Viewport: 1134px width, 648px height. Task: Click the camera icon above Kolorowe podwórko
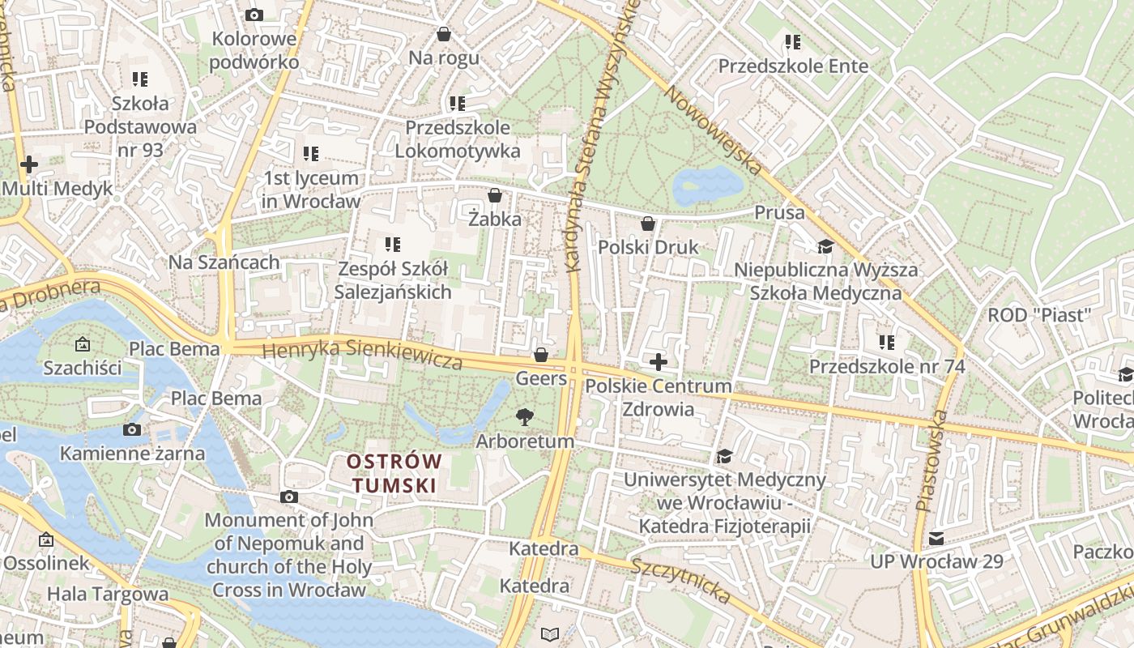[x=254, y=15]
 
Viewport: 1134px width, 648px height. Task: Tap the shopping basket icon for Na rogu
[x=443, y=34]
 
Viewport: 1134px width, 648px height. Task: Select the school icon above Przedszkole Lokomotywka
[x=458, y=104]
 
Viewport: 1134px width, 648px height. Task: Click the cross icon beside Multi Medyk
[x=29, y=164]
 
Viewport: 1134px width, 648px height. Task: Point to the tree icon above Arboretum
[x=525, y=417]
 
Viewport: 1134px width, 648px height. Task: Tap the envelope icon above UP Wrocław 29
[x=936, y=538]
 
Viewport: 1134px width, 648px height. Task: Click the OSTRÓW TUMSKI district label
[x=394, y=473]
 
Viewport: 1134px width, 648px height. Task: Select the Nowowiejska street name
[x=713, y=130]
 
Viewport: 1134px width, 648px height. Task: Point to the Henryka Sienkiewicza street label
[x=363, y=355]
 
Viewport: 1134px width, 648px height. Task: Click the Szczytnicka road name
[x=680, y=580]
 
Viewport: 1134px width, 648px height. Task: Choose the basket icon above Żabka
[x=495, y=195]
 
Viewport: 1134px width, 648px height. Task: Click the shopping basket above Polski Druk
[x=648, y=224]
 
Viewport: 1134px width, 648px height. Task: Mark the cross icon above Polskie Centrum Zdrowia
[x=659, y=361]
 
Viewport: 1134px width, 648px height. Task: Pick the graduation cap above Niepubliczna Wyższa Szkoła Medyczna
[x=825, y=246]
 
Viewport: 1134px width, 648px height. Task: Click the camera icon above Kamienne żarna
[x=132, y=429]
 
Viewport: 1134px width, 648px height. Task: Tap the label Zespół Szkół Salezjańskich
[x=393, y=280]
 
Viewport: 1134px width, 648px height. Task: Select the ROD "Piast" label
[x=1039, y=314]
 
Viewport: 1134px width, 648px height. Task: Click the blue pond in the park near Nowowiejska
[x=706, y=185]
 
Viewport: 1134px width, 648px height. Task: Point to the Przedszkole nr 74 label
[x=887, y=366]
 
